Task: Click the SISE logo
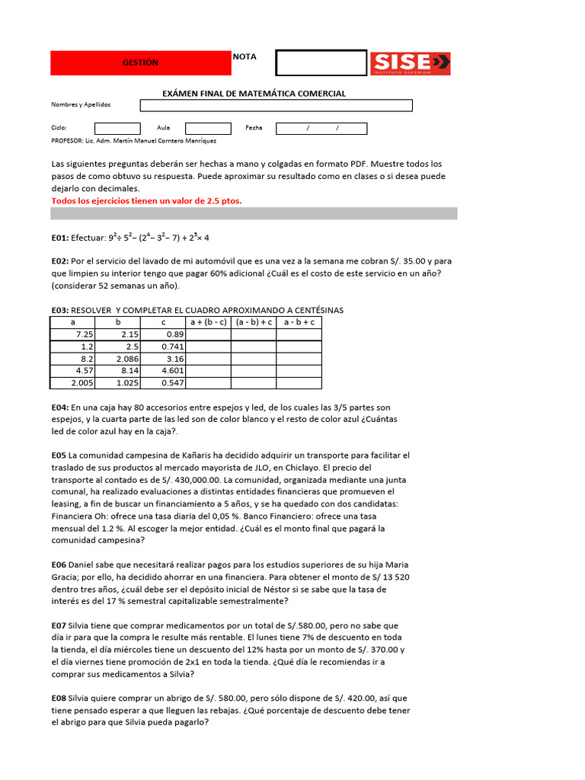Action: coord(411,63)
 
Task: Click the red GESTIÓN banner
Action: coord(141,62)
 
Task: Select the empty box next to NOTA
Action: coord(321,63)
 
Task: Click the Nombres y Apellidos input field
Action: coord(275,105)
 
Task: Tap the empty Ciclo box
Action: coord(117,128)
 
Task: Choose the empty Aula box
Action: coord(208,128)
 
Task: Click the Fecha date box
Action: coord(321,128)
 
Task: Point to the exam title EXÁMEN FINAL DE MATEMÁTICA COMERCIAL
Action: coord(254,94)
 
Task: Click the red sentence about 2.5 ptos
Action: coord(146,201)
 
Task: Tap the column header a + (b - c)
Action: coord(208,322)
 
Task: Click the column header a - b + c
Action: coord(299,322)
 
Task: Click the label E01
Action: coord(59,238)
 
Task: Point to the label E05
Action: coord(59,456)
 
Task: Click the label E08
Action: coord(59,697)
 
